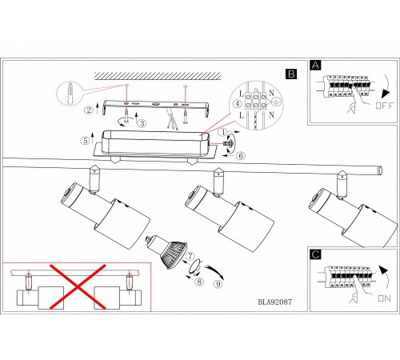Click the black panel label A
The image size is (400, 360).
point(316,66)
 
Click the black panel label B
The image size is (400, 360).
point(291,74)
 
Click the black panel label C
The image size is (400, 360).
point(316,254)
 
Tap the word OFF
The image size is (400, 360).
point(384,106)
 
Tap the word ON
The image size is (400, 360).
point(384,298)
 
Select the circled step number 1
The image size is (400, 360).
point(223,132)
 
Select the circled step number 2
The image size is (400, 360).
point(89,110)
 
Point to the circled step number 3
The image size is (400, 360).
point(142,123)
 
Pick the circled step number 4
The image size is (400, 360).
point(238,103)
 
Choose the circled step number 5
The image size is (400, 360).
point(86,141)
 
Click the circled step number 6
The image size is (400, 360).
point(241,155)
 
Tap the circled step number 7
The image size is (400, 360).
point(190,257)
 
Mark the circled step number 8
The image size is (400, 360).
point(199,282)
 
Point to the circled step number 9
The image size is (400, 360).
point(218,284)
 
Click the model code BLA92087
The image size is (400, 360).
point(274,302)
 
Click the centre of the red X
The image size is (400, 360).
point(78,287)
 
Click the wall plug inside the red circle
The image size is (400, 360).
point(70,94)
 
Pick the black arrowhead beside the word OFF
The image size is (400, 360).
point(386,94)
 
